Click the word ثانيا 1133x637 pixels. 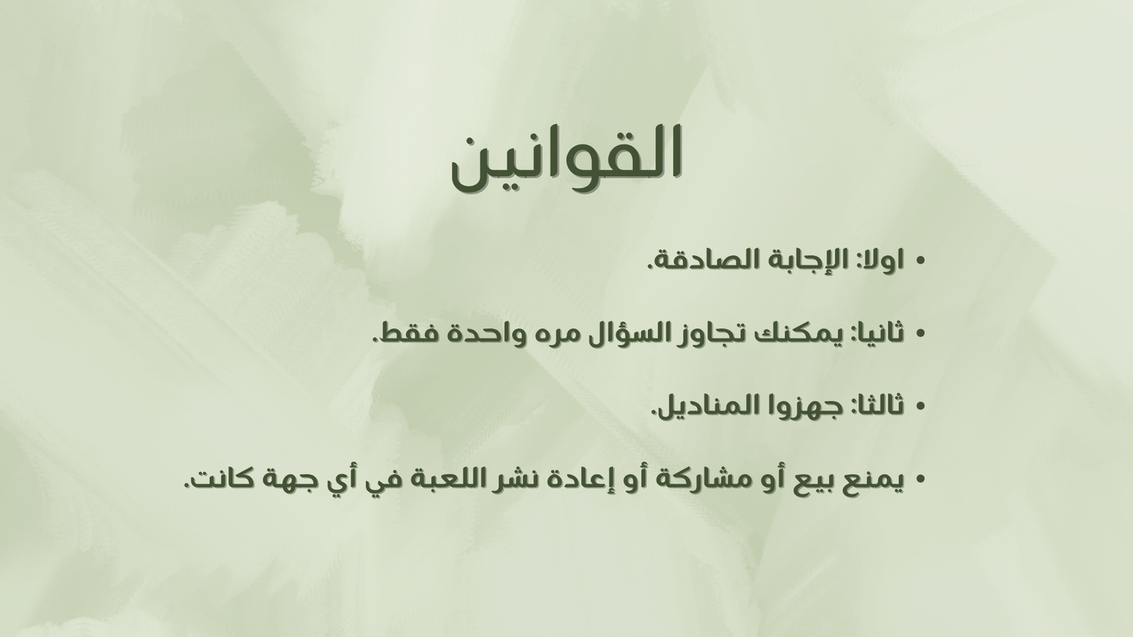coord(875,333)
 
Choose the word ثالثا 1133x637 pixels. coord(877,406)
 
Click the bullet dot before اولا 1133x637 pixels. coord(921,261)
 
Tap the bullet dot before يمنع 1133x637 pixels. coord(921,480)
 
